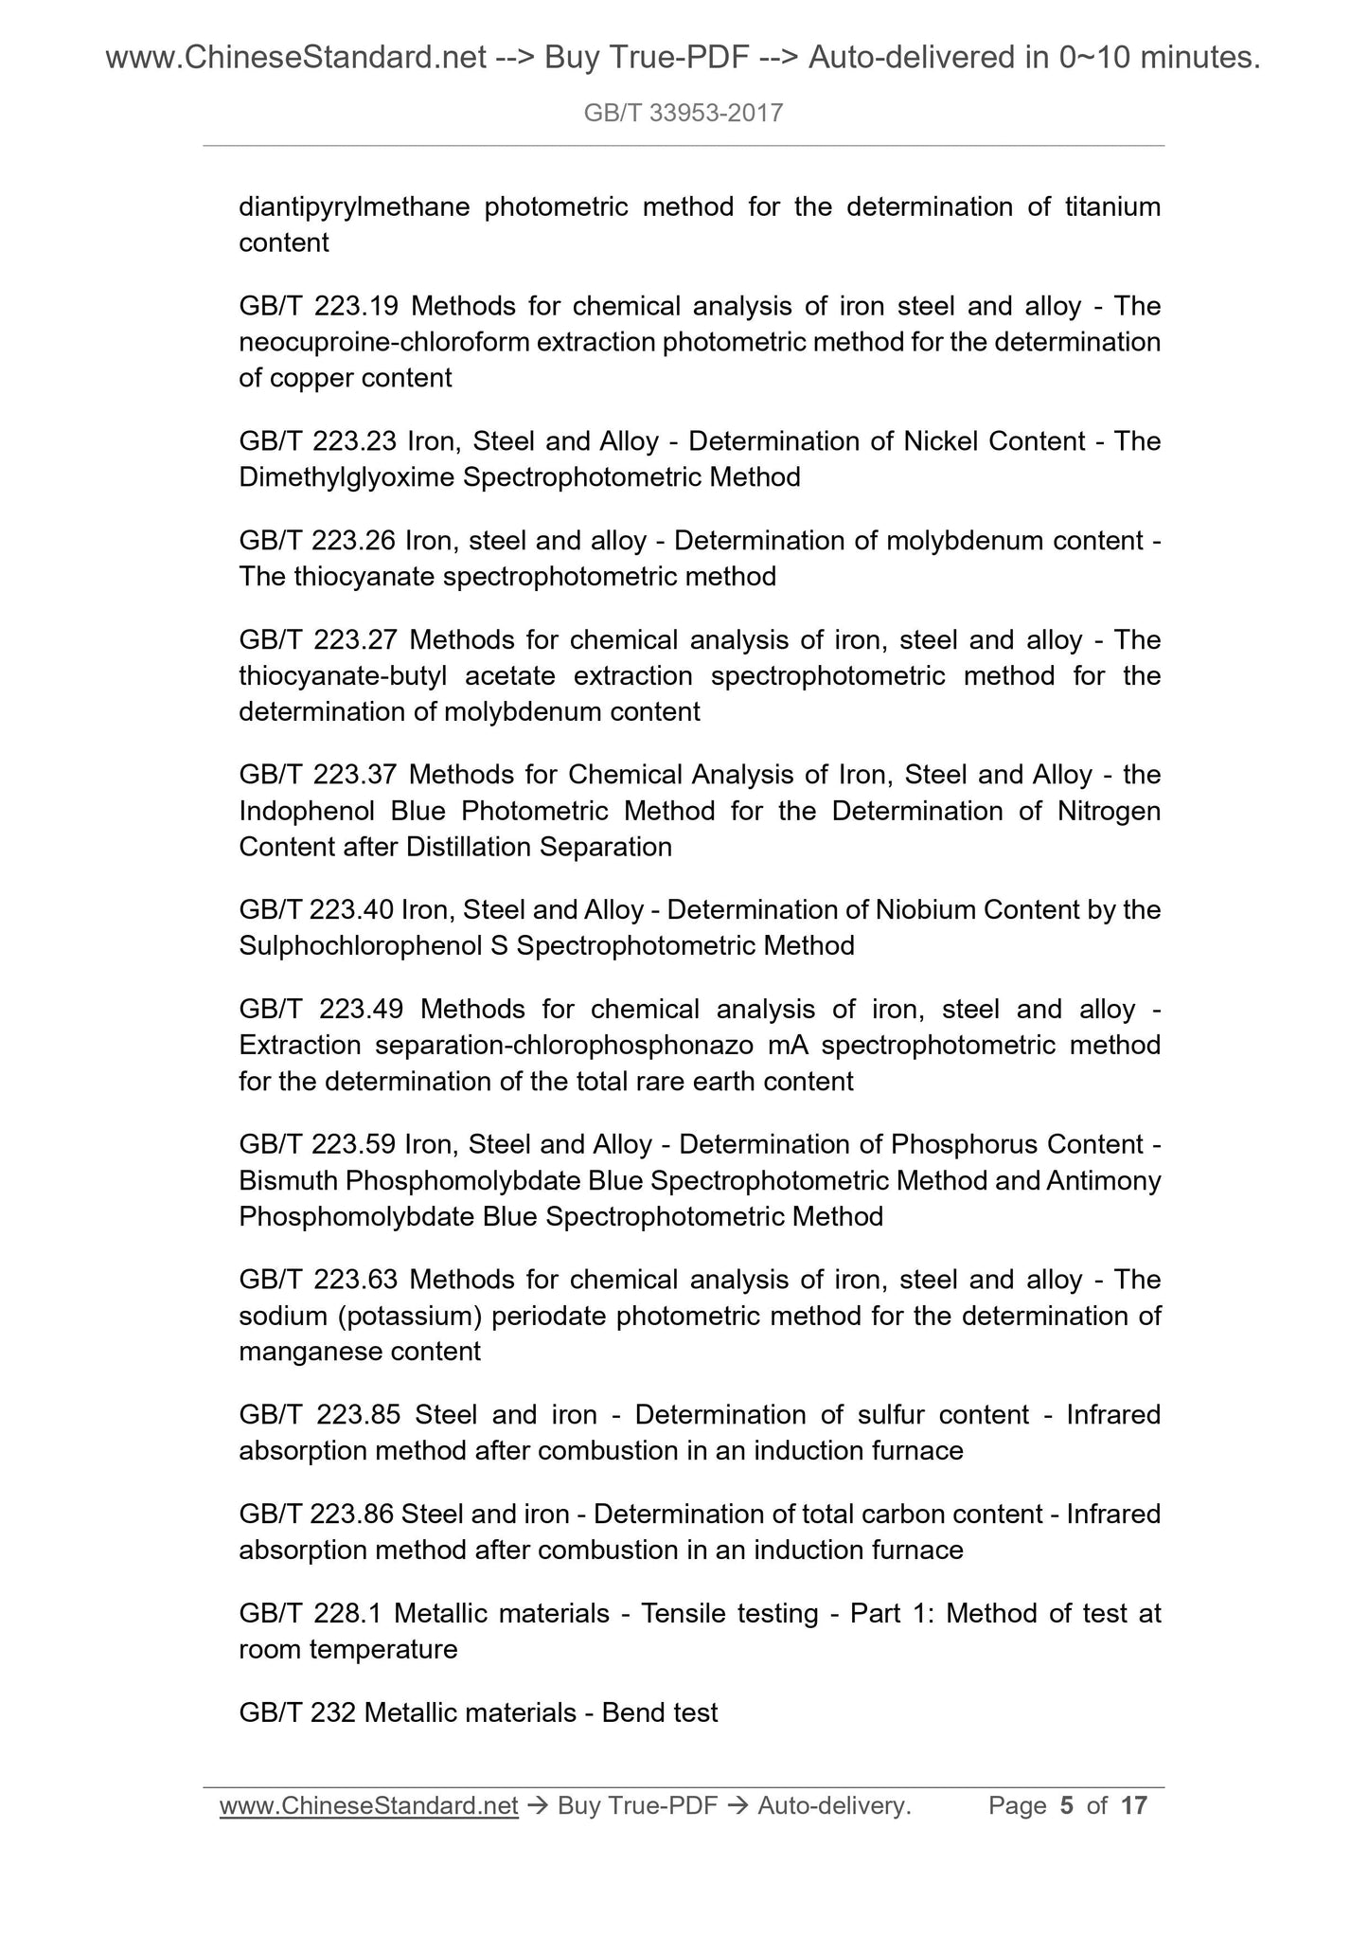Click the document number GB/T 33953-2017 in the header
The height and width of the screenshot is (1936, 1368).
pos(684,114)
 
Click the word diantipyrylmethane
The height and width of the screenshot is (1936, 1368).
pos(354,206)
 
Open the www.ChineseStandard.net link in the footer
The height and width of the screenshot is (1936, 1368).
pos(368,1806)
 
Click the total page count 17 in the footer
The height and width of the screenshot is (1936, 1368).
pos(1133,1806)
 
